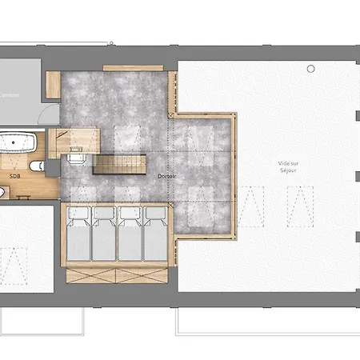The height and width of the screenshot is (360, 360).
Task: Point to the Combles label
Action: click(x=9, y=94)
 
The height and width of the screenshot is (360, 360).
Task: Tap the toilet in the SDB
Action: click(x=35, y=166)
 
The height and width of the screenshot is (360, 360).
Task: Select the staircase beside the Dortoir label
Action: click(x=119, y=165)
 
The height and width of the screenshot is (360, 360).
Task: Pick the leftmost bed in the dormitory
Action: click(x=78, y=237)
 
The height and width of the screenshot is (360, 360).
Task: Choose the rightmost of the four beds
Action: click(x=155, y=237)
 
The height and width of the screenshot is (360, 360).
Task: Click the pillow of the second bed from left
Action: click(x=104, y=214)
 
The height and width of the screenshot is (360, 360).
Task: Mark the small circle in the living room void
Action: click(x=310, y=70)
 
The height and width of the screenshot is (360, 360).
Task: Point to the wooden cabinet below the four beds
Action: click(x=117, y=275)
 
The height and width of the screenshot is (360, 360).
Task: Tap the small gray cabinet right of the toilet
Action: click(x=52, y=167)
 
